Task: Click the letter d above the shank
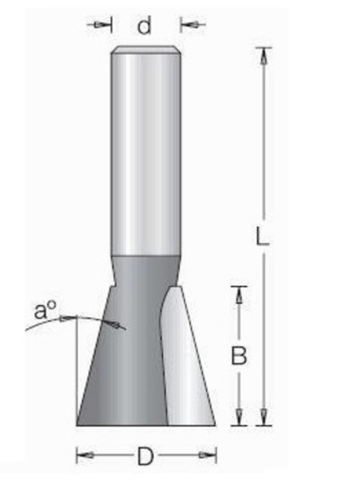[x=145, y=26]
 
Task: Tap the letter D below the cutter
[x=146, y=456]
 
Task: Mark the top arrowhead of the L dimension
[x=263, y=55]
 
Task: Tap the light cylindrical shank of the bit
[x=145, y=155]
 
